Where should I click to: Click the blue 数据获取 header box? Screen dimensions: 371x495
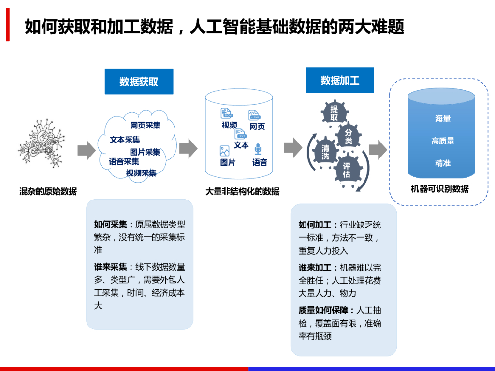point(139,82)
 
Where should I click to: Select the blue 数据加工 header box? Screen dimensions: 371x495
point(340,80)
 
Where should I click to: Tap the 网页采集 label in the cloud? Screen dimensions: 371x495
point(145,125)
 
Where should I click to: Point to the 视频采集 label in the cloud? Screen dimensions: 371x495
point(141,173)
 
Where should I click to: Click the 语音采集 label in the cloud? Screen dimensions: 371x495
point(124,162)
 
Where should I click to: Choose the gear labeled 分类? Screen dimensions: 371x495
point(349,136)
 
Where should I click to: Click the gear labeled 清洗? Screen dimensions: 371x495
point(325,152)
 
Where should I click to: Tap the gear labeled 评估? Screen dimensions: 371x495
point(347,170)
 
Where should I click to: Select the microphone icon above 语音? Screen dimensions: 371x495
point(258,149)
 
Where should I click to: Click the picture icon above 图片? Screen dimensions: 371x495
point(224,151)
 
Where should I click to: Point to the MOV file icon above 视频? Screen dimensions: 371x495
point(226,113)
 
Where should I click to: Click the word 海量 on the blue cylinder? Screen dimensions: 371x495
point(442,118)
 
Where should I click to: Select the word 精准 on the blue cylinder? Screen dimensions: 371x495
point(442,163)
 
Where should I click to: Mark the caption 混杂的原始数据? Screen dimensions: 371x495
point(48,191)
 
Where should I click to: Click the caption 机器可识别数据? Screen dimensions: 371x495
point(439,189)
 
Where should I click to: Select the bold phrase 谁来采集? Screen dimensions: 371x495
point(111,267)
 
